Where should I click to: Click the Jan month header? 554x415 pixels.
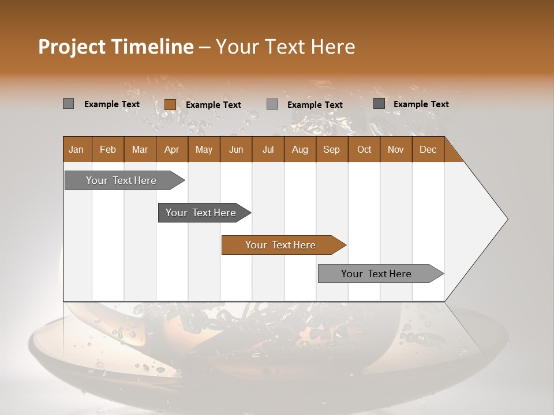pos(77,149)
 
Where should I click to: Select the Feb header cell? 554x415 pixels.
pos(108,149)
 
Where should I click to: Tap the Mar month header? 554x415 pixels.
pos(140,149)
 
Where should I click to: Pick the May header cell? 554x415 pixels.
pos(204,149)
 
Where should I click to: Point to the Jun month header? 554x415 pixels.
pos(236,149)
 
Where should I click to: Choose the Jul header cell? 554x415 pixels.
pos(268,149)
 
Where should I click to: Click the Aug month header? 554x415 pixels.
pos(300,149)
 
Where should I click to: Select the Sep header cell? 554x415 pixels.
pos(332,149)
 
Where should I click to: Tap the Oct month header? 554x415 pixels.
pos(364,149)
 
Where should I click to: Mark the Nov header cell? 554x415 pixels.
pos(396,149)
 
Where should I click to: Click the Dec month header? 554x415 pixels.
pos(428,149)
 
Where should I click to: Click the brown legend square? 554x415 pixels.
pos(170,104)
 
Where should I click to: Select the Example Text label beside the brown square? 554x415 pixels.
pos(214,104)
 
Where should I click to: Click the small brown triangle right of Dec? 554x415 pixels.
pos(452,153)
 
